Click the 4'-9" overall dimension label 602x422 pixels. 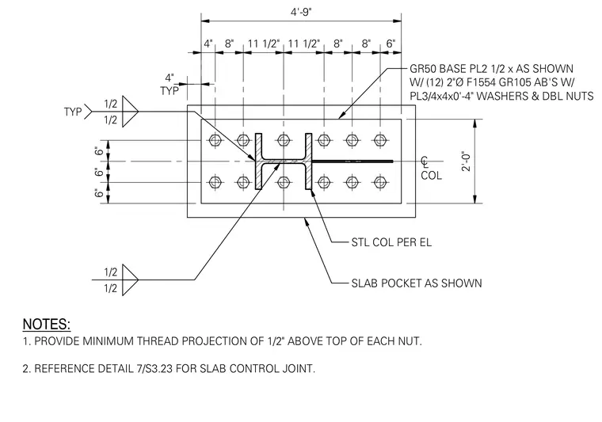point(301,12)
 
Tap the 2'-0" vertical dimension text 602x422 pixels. point(467,162)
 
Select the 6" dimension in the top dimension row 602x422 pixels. point(391,44)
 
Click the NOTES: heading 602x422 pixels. point(47,324)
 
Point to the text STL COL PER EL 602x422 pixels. point(391,242)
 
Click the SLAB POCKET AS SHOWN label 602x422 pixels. point(417,283)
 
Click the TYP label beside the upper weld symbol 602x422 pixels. point(73,112)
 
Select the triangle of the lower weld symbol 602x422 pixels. point(130,280)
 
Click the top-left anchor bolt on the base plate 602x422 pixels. point(215,140)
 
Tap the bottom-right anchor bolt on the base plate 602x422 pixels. point(380,182)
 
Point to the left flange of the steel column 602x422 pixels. point(259,162)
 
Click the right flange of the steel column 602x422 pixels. point(309,162)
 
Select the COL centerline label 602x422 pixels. point(431,175)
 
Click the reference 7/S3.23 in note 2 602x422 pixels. point(154,369)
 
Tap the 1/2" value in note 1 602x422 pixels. point(276,341)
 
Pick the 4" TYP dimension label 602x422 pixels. point(170,85)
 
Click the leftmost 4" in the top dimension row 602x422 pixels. point(208,44)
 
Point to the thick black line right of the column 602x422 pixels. point(352,162)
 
